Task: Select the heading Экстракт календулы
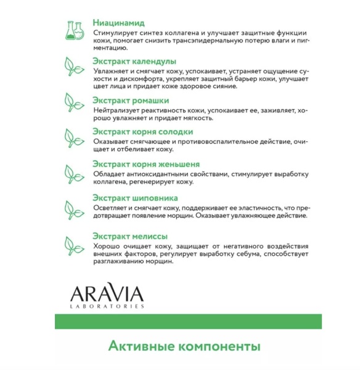[x=134, y=61]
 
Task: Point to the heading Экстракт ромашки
[x=130, y=100]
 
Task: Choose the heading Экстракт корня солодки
[x=142, y=131]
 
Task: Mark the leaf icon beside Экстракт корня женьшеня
[x=75, y=171]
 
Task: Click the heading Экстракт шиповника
[x=135, y=198]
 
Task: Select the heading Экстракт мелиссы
[x=129, y=236]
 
